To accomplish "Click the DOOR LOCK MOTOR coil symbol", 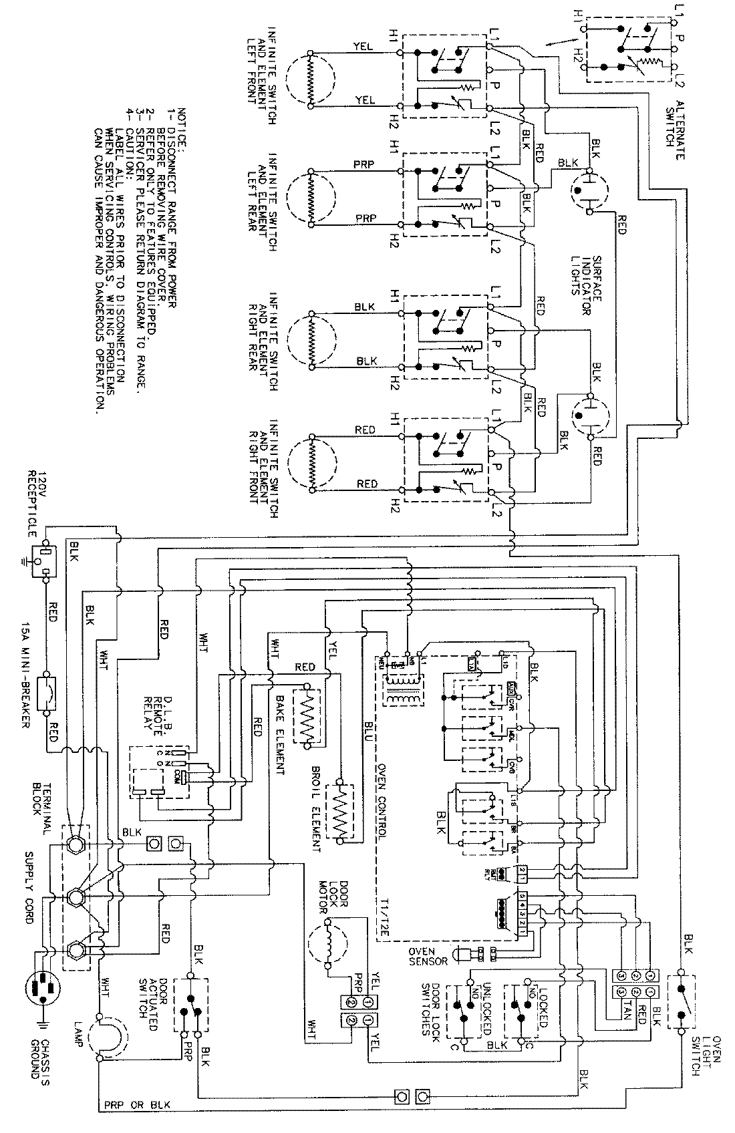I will pyautogui.click(x=328, y=943).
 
